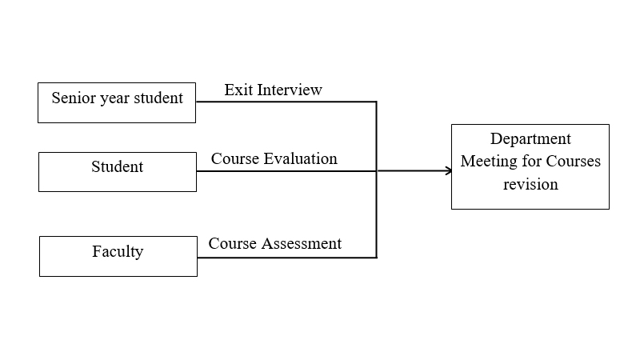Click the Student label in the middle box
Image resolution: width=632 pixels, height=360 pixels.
pos(118,166)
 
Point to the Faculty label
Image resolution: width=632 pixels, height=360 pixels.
pos(118,252)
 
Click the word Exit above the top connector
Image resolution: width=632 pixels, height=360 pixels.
pos(238,90)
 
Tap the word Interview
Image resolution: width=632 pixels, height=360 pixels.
pos(290,90)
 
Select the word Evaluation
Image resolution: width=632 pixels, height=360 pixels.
pos(300,159)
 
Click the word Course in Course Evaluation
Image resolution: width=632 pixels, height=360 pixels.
pos(235,159)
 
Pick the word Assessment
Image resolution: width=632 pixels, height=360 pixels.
pos(302,243)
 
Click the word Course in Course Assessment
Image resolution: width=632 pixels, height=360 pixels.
pos(233,243)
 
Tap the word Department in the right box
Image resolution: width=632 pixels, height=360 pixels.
pos(530,139)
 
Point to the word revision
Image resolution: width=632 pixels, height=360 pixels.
pos(530,185)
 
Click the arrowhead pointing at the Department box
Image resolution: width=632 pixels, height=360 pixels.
pos(449,171)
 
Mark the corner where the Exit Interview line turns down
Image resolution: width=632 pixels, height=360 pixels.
pos(377,102)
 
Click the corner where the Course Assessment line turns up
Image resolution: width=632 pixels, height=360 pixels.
pos(377,258)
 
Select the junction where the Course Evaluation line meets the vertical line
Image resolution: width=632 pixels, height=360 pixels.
pos(377,171)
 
